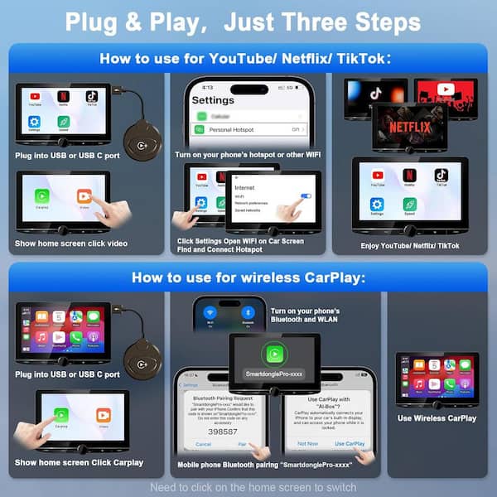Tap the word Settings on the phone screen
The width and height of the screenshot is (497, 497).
click(x=212, y=99)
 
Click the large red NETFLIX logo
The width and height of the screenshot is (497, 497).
click(x=409, y=128)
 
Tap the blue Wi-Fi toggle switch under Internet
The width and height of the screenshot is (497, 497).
click(x=306, y=196)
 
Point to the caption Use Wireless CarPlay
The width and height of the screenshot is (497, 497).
click(x=437, y=418)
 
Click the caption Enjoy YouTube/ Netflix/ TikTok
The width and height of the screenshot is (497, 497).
click(x=409, y=246)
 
